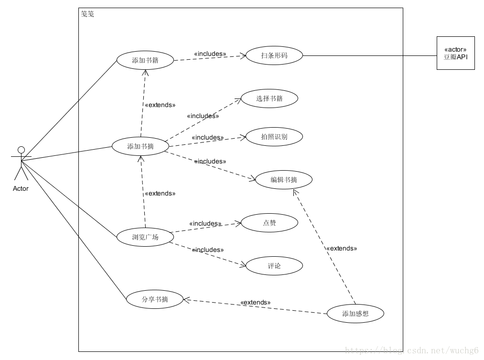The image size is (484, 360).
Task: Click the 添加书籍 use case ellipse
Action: click(145, 60)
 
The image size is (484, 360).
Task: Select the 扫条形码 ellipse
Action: click(274, 55)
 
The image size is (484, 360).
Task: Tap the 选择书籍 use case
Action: click(269, 98)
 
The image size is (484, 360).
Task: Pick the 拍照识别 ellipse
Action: click(274, 137)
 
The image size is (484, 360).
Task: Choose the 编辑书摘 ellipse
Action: click(284, 180)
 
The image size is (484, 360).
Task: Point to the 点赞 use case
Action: click(269, 223)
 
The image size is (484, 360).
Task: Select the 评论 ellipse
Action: click(274, 266)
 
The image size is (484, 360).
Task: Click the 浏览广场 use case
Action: click(145, 237)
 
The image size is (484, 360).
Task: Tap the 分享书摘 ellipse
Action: click(155, 300)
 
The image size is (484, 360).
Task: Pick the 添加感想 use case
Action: click(355, 314)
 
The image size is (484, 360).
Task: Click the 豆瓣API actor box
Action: click(455, 53)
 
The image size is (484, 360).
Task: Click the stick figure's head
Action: click(21, 150)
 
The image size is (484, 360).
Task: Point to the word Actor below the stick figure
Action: click(21, 188)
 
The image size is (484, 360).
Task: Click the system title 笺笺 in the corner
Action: click(87, 14)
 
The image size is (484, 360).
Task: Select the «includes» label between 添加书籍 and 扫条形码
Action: click(210, 54)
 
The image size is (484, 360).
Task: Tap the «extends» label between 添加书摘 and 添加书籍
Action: click(160, 105)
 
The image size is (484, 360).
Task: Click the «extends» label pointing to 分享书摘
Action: click(255, 303)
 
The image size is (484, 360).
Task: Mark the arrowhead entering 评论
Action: click(243, 264)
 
